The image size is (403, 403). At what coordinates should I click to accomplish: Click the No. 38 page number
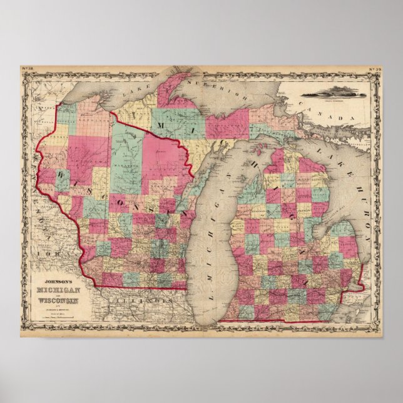28,68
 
